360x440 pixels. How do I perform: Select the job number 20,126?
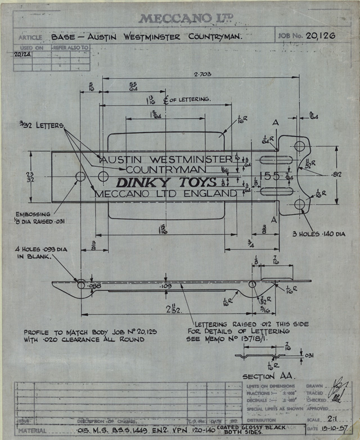coord(321,36)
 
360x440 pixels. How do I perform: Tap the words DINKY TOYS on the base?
coord(166,182)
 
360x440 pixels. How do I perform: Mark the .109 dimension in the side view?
coord(165,287)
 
